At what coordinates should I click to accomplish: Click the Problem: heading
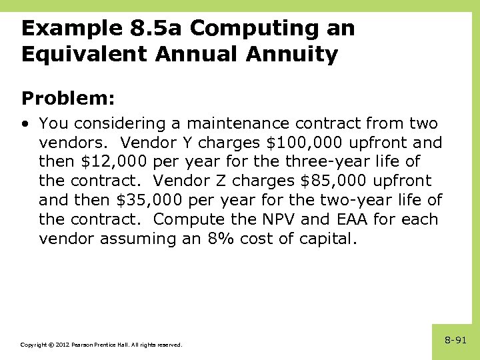pyautogui.click(x=68, y=99)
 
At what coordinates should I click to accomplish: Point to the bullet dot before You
pyautogui.click(x=25, y=124)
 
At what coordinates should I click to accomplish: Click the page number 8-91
pyautogui.click(x=455, y=340)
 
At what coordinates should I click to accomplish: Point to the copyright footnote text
pyautogui.click(x=101, y=345)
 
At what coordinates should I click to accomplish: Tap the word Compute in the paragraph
pyautogui.click(x=187, y=220)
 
